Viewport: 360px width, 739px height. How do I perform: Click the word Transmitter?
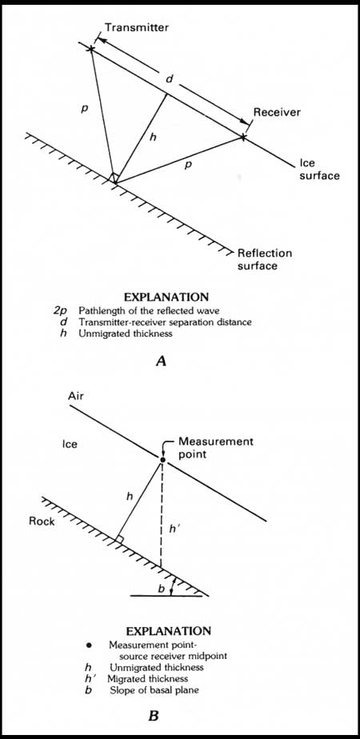[137, 27]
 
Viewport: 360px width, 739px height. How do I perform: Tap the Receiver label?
[277, 112]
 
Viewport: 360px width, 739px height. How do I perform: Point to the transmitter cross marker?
[91, 49]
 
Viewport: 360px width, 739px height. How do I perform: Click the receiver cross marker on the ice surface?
[243, 137]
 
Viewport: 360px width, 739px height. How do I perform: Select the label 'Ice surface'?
[319, 170]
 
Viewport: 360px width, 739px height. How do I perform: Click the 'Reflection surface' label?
[265, 259]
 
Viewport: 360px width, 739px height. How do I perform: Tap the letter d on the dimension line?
[170, 80]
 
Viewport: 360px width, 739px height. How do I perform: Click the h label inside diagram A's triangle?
[152, 137]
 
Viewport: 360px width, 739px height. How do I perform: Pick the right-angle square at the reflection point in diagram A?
[114, 178]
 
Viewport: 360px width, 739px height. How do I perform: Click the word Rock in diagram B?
[42, 521]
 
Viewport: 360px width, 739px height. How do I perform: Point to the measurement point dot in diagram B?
[162, 460]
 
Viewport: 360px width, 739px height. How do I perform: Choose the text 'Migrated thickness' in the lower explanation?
[148, 679]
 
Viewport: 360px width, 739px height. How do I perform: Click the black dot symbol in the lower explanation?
[88, 645]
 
